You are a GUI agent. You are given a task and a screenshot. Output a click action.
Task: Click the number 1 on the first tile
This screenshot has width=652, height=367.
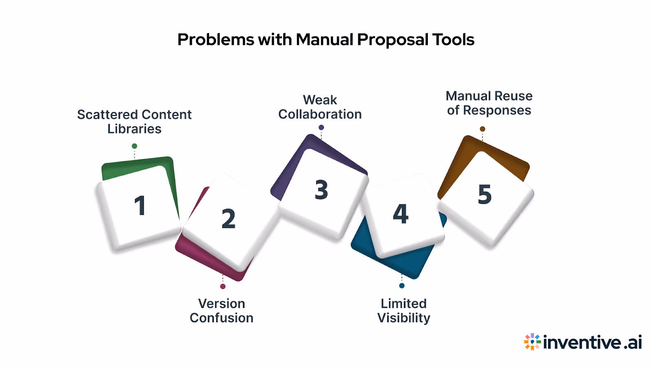pyautogui.click(x=140, y=206)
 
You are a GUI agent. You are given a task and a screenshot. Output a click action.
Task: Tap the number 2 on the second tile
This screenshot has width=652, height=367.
pyautogui.click(x=228, y=219)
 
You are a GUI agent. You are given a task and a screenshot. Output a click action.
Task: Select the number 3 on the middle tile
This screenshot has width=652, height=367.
pyautogui.click(x=321, y=190)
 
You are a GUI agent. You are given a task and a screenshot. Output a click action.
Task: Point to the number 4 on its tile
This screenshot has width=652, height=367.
pyautogui.click(x=401, y=214)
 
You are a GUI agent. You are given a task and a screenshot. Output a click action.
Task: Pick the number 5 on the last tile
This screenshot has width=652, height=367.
pyautogui.click(x=485, y=194)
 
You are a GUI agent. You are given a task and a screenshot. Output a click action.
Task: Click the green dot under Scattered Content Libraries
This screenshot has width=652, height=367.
pyautogui.click(x=134, y=146)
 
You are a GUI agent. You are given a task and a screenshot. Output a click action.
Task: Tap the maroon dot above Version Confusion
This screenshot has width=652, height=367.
pyautogui.click(x=223, y=286)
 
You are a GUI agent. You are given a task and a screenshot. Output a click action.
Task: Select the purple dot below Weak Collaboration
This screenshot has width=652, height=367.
pyautogui.click(x=321, y=128)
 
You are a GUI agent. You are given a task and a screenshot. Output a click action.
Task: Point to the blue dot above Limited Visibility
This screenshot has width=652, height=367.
pyautogui.click(x=402, y=285)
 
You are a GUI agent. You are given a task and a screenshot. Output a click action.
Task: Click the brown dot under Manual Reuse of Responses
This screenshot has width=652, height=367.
pyautogui.click(x=482, y=129)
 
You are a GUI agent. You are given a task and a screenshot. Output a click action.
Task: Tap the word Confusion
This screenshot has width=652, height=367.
pyautogui.click(x=221, y=318)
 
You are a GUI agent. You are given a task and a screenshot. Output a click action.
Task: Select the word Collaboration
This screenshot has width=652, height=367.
pyautogui.click(x=320, y=114)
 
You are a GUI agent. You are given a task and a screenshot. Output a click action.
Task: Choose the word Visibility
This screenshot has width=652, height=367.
pyautogui.click(x=403, y=318)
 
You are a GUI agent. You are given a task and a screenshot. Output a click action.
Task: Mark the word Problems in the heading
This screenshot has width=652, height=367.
pyautogui.click(x=216, y=40)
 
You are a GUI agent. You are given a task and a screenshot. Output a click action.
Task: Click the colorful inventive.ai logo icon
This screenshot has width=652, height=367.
pyautogui.click(x=532, y=342)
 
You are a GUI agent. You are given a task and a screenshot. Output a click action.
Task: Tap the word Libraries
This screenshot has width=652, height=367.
pyautogui.click(x=134, y=129)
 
